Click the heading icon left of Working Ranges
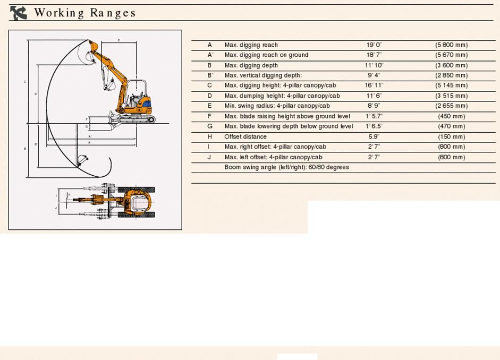click(19, 13)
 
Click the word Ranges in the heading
click(113, 13)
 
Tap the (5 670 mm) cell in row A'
click(451, 55)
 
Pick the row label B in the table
click(210, 65)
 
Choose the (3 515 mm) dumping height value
click(451, 96)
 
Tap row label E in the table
click(210, 106)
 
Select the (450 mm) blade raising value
click(451, 116)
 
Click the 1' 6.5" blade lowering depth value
click(374, 126)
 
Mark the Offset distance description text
click(245, 137)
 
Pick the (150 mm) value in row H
click(451, 137)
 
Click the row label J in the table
click(210, 157)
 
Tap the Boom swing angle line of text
click(286, 167)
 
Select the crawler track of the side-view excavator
click(136, 119)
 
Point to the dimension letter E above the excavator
click(118, 40)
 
